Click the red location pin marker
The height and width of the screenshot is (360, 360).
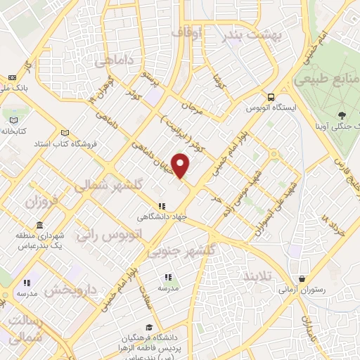[181, 165]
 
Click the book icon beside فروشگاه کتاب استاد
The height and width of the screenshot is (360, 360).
[65, 133]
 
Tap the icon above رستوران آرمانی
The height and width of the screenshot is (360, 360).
[302, 278]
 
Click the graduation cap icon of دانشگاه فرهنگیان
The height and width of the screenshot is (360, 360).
[148, 327]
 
